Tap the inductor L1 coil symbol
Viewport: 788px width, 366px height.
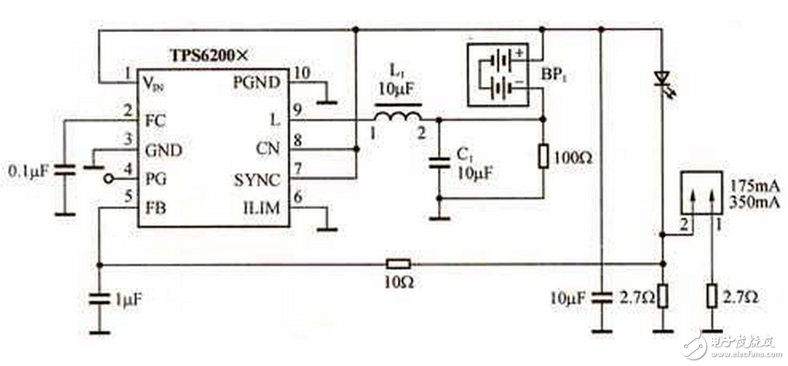397,116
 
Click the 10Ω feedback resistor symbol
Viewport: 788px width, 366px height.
398,264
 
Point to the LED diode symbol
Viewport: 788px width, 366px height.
662,78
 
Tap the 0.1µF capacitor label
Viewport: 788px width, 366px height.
27,172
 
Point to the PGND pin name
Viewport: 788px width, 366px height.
257,82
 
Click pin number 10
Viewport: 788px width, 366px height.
299,72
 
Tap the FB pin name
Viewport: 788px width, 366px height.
156,209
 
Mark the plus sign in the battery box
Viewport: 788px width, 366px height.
520,53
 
